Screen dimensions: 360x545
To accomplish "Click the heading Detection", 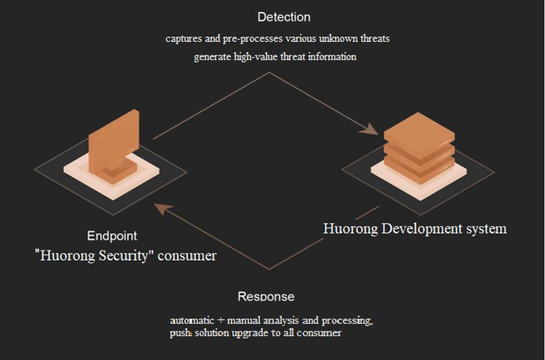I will tap(284, 17).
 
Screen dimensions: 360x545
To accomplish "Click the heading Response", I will tap(266, 297).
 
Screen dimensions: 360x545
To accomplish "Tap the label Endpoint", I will tap(112, 236).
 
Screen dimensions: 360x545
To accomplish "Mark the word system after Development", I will tap(486, 229).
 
